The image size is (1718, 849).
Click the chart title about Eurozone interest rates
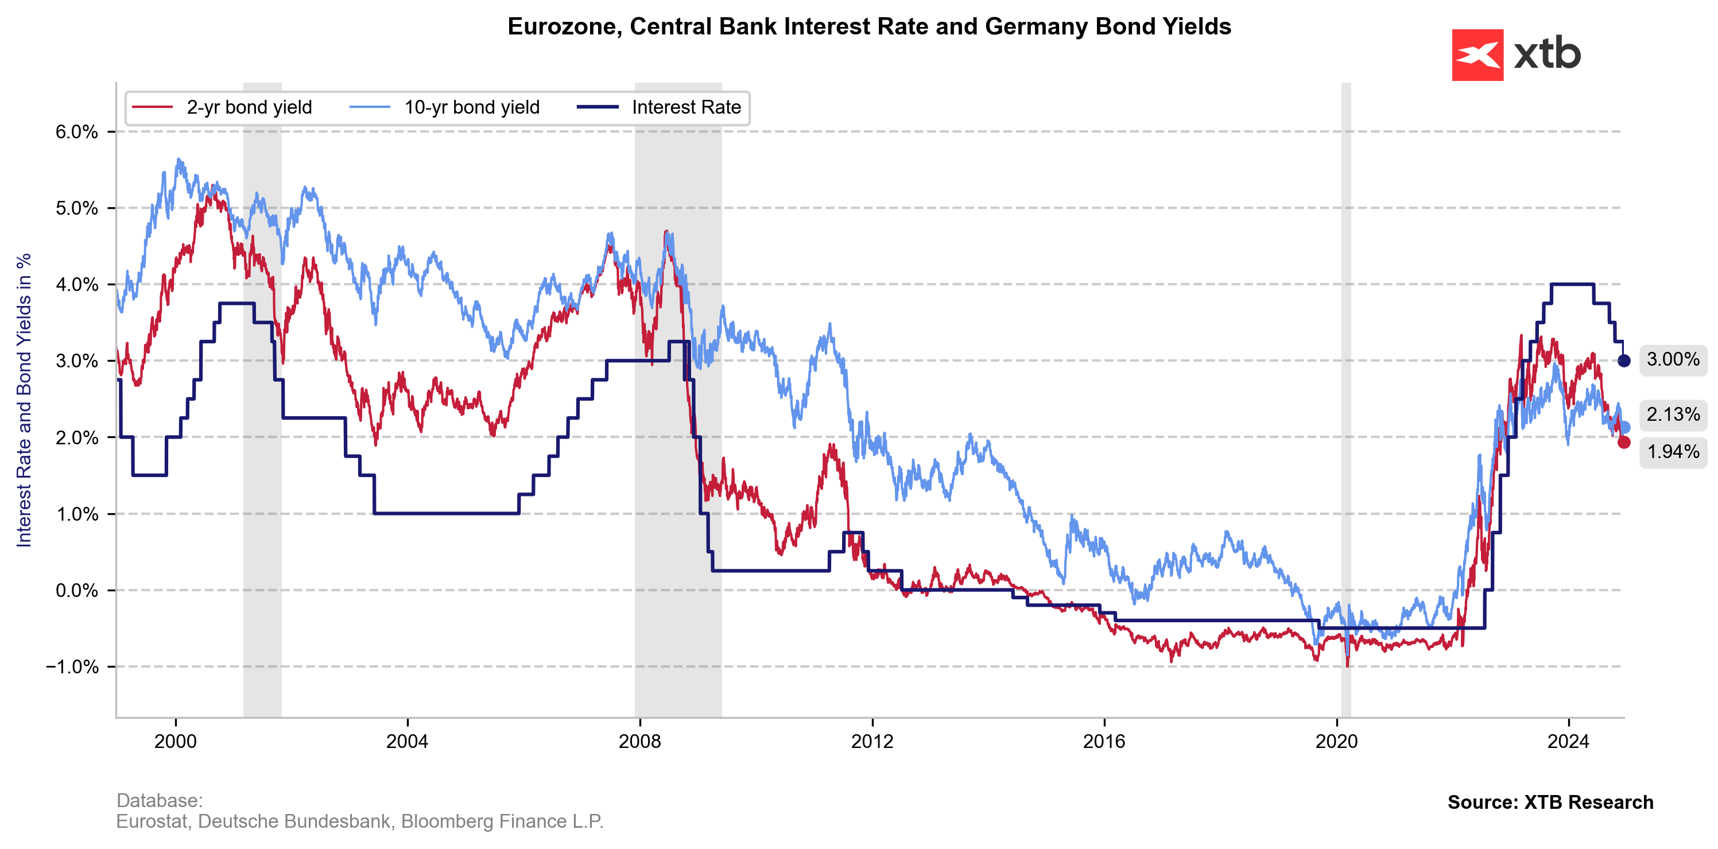(x=869, y=26)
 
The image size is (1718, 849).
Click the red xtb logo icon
(x=1477, y=55)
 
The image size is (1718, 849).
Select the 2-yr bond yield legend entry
(x=249, y=107)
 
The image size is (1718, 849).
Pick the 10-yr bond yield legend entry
(x=471, y=107)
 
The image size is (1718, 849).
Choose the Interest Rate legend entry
(x=685, y=107)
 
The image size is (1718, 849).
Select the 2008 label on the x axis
(x=639, y=741)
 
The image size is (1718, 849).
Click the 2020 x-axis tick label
(x=1336, y=741)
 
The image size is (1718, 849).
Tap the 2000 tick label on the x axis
(x=176, y=741)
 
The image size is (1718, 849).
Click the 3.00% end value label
(x=1673, y=359)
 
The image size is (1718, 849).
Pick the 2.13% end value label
(x=1673, y=414)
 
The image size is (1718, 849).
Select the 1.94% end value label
(x=1673, y=452)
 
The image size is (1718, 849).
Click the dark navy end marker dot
(x=1624, y=361)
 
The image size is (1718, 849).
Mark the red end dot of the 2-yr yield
(x=1624, y=442)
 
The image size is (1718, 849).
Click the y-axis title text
(x=24, y=400)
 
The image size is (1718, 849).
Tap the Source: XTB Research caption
(x=1550, y=803)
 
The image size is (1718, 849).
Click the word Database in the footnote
(x=159, y=800)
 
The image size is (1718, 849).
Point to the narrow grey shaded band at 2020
(x=1346, y=400)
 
